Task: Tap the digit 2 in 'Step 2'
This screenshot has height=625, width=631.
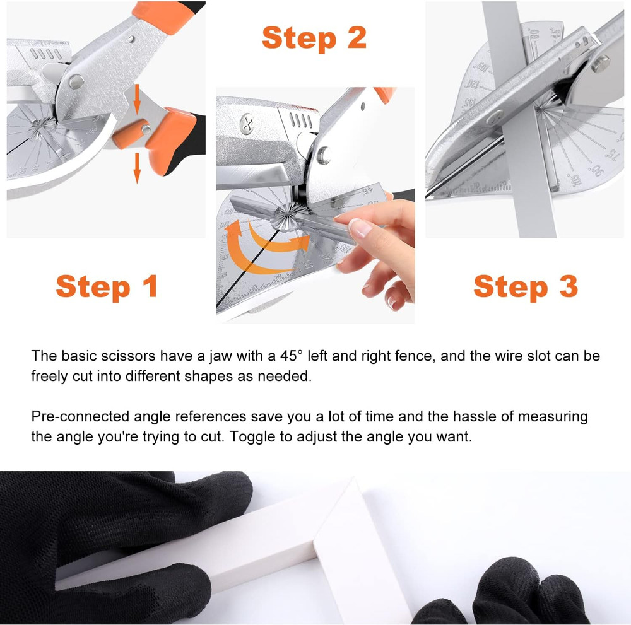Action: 355,37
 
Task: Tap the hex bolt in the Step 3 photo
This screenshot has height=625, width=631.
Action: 600,62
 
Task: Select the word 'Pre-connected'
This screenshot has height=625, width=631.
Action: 80,416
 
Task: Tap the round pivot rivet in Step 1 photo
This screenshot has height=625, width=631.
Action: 76,81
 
